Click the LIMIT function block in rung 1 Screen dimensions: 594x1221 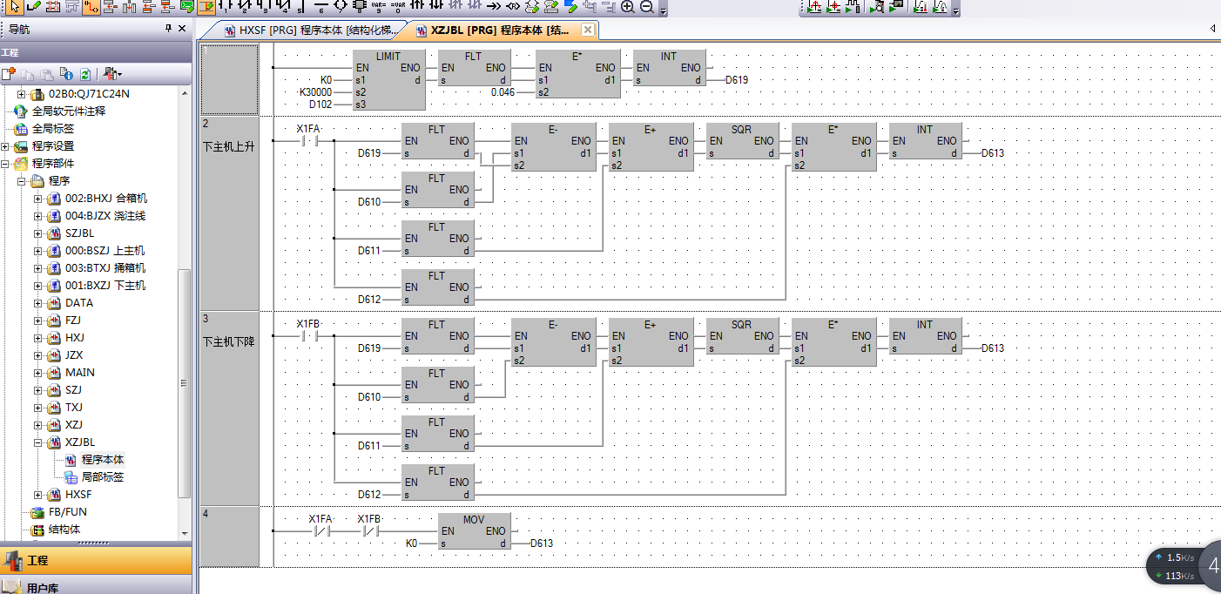[x=389, y=79]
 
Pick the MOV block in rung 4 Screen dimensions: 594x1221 [x=474, y=531]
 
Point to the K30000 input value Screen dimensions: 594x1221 [x=315, y=91]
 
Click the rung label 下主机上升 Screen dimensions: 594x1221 [x=229, y=146]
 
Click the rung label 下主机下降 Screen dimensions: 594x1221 [x=229, y=341]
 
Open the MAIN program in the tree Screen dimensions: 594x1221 [x=80, y=373]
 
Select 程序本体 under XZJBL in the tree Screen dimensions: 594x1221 [x=103, y=460]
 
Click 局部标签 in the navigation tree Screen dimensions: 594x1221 [x=103, y=477]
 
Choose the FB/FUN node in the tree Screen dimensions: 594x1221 [x=68, y=512]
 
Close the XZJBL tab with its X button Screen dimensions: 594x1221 [x=588, y=30]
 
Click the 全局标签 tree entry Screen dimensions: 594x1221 [x=53, y=129]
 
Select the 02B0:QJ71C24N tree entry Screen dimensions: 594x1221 [x=89, y=94]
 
